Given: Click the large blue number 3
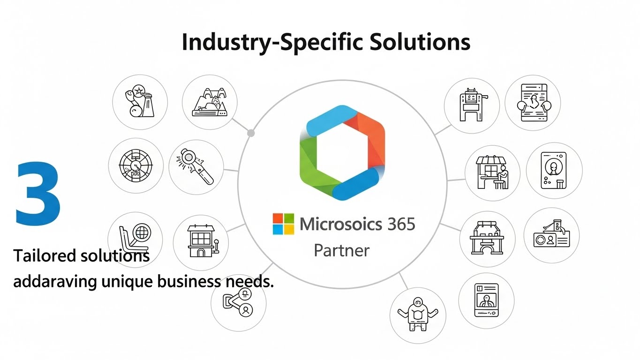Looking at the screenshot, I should (x=38, y=193).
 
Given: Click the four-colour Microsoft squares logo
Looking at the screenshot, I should (x=283, y=224).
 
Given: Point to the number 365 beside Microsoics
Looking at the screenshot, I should (x=401, y=224).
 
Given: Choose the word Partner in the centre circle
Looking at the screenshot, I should (x=341, y=250).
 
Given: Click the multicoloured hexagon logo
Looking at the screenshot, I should (x=342, y=152).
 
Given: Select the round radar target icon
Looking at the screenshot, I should (x=136, y=166).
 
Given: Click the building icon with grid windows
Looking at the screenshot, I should (x=200, y=242).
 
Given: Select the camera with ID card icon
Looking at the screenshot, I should (x=551, y=235).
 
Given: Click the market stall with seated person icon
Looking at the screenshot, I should (x=492, y=172).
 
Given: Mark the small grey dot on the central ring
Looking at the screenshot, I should (x=251, y=133).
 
